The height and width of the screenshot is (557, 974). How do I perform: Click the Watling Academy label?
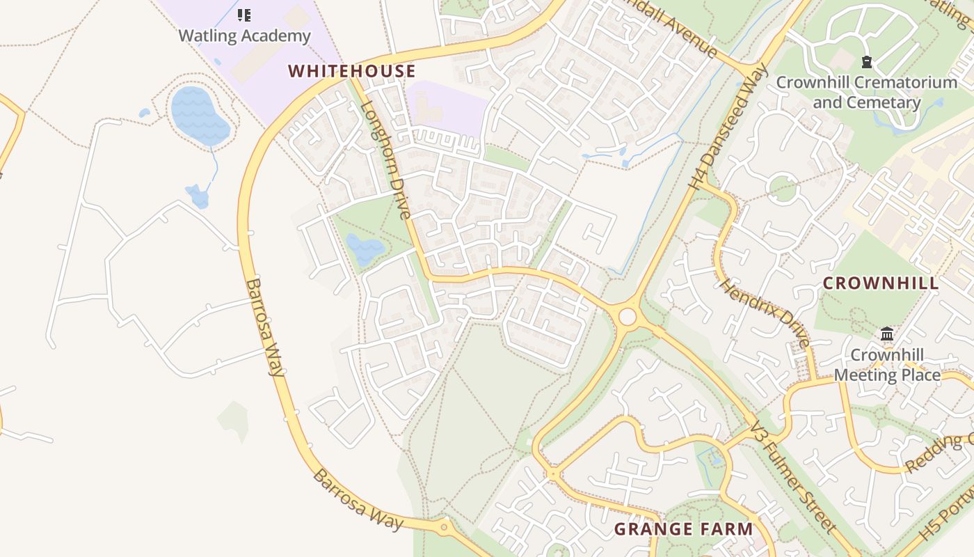pyautogui.click(x=244, y=36)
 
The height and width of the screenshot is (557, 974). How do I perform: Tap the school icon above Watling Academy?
pyautogui.click(x=244, y=15)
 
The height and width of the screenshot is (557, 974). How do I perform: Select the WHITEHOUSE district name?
pyautogui.click(x=352, y=71)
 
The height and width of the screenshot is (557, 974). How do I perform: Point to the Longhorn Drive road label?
pyautogui.click(x=387, y=160)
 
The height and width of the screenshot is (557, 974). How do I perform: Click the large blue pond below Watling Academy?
pyautogui.click(x=200, y=115)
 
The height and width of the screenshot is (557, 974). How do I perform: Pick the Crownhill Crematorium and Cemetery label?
pyautogui.click(x=866, y=92)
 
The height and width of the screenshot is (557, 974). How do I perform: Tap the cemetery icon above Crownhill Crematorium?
pyautogui.click(x=866, y=63)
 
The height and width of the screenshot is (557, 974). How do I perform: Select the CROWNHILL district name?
pyautogui.click(x=881, y=283)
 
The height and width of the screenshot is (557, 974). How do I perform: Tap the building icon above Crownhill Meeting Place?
pyautogui.click(x=887, y=334)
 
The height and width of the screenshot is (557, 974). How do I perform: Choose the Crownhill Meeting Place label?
pyautogui.click(x=887, y=365)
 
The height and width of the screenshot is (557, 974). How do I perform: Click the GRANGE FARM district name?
pyautogui.click(x=683, y=529)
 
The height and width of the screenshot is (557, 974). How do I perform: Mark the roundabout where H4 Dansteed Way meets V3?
pyautogui.click(x=627, y=317)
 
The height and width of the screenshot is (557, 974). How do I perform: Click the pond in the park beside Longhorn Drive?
pyautogui.click(x=365, y=249)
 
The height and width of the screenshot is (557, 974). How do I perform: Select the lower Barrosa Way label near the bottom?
pyautogui.click(x=358, y=500)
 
